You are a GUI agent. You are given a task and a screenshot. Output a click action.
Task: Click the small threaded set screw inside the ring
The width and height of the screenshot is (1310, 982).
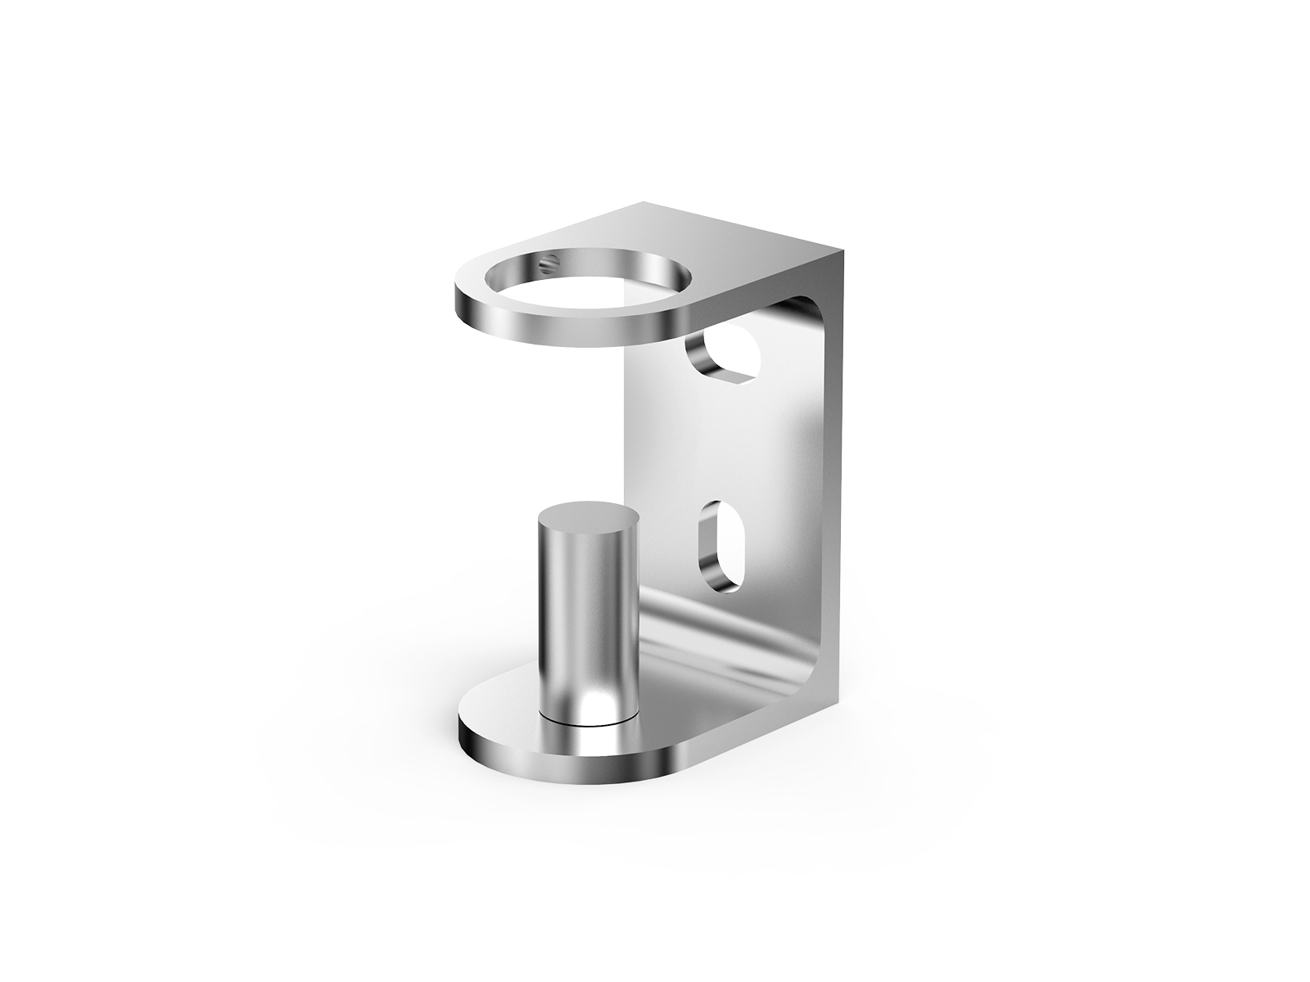[550, 264]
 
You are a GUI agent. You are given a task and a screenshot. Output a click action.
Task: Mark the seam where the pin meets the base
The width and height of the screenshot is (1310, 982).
[586, 723]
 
